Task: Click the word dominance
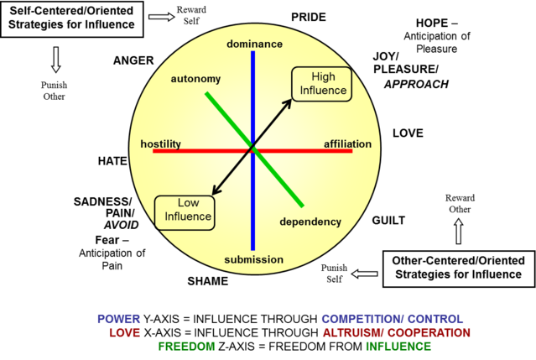coord(254,44)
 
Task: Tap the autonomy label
coord(195,79)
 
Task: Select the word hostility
coord(160,144)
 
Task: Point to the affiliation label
coord(347,144)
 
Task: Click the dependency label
coord(310,222)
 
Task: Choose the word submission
coord(253,259)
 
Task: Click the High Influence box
coord(322,84)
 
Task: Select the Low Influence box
coord(185,211)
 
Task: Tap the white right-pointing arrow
coord(161,17)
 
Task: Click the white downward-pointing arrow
coord(56,60)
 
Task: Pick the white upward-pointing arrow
coord(458,231)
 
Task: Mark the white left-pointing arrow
coord(365,274)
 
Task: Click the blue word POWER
coord(118,319)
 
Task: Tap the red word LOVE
coord(124,332)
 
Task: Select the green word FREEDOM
coord(186,346)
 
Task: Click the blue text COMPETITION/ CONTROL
coord(392,319)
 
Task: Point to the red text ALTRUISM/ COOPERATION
coord(396,332)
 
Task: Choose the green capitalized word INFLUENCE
coord(398,346)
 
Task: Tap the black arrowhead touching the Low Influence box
coord(216,193)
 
